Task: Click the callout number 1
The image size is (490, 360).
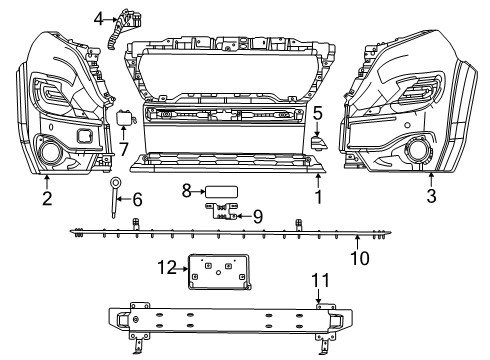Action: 319,197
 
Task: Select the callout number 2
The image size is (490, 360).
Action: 46,197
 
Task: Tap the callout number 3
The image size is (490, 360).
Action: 431,197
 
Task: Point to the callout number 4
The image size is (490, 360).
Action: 99,18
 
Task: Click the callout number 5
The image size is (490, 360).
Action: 316,113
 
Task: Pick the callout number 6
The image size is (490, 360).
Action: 137,199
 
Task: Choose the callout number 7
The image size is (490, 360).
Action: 124,148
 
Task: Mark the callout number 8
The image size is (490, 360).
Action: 186,189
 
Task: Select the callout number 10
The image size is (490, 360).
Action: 359,258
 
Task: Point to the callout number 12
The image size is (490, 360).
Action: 167,266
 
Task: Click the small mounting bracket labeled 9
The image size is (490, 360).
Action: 223,210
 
